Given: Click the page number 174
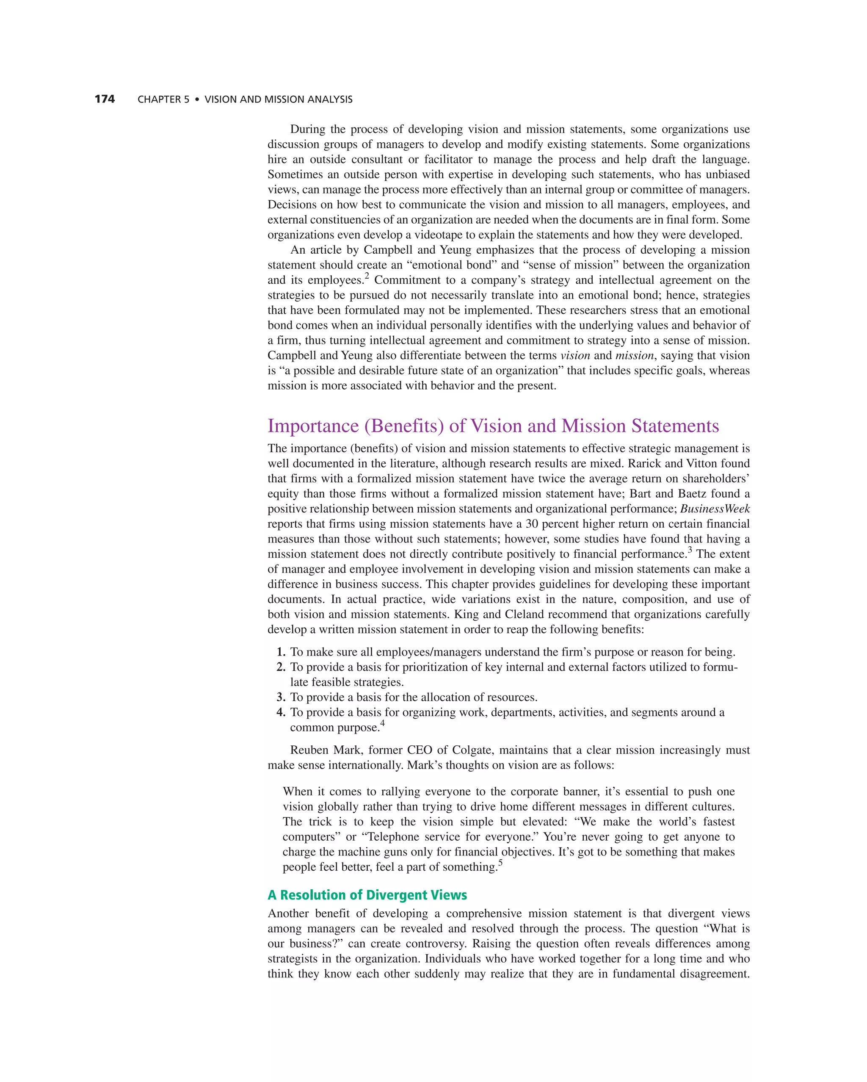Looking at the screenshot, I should [105, 100].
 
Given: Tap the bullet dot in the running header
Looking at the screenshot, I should [197, 100].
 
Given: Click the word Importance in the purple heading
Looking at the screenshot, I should [313, 426].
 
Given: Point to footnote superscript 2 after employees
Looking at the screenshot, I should [367, 276].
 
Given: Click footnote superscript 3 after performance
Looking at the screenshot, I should [690, 550].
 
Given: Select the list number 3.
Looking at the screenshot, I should [281, 697].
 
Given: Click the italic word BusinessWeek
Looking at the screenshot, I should [715, 509].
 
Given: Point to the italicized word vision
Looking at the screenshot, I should [575, 356].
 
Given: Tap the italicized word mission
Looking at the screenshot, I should [634, 356].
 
